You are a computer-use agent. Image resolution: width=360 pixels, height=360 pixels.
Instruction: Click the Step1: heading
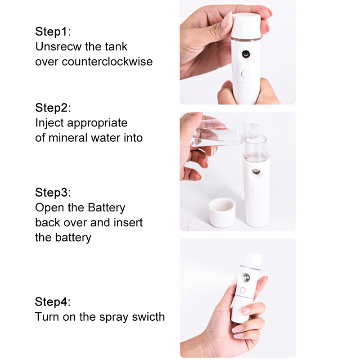(53, 31)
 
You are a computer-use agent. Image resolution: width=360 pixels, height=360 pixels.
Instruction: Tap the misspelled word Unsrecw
(58, 46)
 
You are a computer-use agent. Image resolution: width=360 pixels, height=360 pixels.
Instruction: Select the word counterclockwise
(107, 62)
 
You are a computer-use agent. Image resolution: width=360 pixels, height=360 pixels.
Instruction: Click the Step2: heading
(53, 108)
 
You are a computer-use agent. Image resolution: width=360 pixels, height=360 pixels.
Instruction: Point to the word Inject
(49, 123)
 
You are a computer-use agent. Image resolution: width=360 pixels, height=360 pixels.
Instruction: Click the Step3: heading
(53, 192)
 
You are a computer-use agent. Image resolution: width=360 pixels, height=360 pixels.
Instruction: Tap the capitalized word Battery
(107, 208)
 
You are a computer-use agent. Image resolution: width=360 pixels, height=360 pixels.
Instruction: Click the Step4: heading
(53, 301)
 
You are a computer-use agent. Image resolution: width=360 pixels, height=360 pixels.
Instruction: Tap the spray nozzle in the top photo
(246, 54)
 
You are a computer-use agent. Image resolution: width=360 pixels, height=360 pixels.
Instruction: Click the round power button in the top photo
(246, 74)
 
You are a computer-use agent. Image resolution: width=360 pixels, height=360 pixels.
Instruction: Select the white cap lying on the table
(222, 212)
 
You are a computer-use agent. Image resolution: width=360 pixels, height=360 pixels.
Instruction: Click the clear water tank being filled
(256, 148)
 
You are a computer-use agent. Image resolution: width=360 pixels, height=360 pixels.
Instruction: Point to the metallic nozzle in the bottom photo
(246, 277)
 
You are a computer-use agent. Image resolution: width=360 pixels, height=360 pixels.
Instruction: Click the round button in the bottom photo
(243, 290)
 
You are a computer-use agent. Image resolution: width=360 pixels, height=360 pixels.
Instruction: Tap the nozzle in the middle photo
(256, 171)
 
